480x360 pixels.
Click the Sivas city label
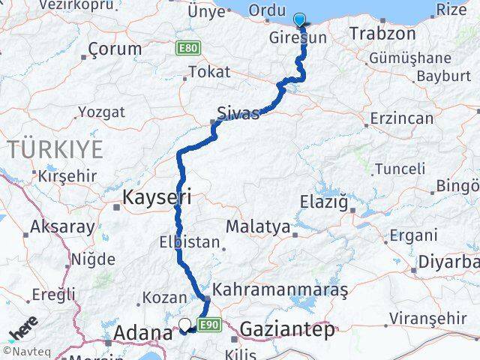237,113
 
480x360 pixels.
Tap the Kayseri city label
157,198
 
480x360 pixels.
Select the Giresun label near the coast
298,37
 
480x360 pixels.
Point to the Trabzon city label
382,34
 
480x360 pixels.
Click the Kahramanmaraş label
280,288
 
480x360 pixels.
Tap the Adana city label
141,333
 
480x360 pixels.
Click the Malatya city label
257,226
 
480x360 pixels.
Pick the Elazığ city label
324,202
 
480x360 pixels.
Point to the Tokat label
209,73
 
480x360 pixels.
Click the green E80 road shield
187,49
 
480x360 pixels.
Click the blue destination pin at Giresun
301,20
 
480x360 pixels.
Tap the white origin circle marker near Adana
184,325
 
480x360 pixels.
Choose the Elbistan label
190,242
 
